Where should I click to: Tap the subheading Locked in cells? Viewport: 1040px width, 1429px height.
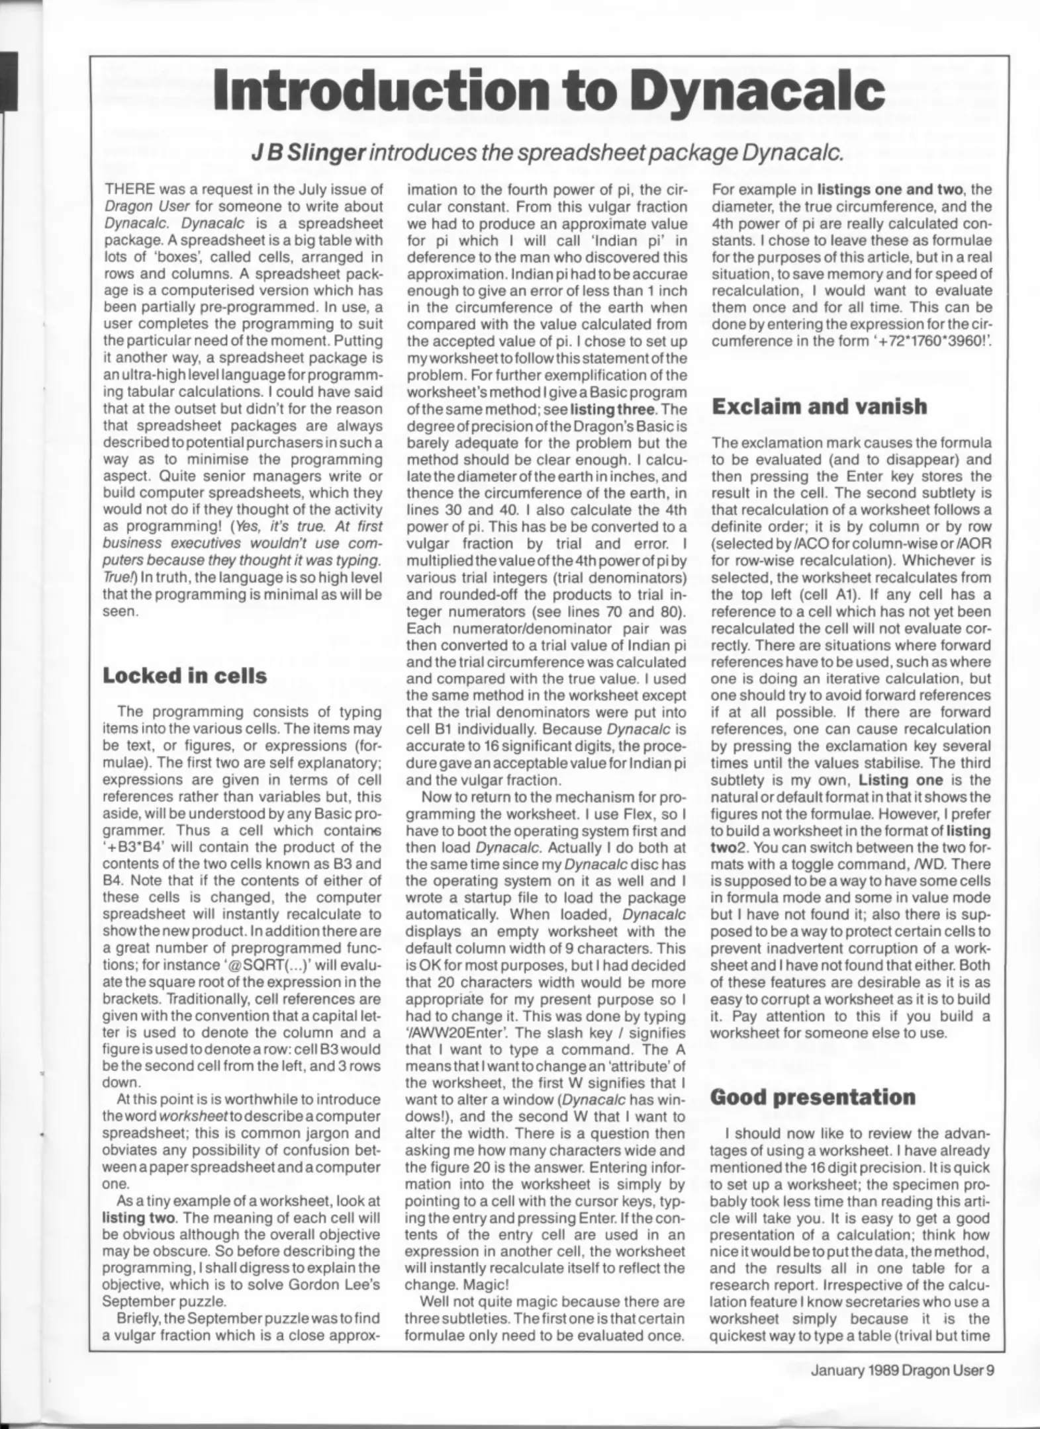[185, 675]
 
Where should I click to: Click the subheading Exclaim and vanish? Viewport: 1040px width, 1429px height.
[819, 406]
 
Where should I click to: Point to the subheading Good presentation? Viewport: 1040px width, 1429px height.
[812, 1097]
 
